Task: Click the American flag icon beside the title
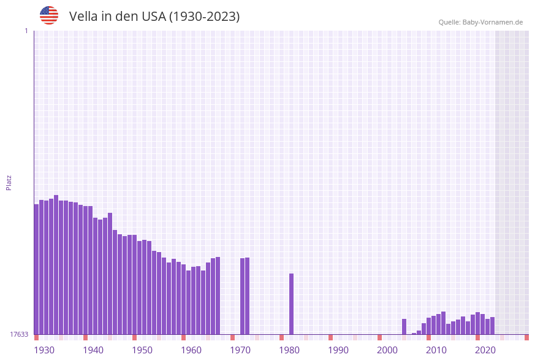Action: (49, 15)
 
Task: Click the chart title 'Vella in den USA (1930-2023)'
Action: (154, 17)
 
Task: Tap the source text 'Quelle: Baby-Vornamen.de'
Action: (480, 22)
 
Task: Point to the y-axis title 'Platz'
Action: (9, 182)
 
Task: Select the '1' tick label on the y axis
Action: (26, 31)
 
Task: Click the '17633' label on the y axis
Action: (20, 334)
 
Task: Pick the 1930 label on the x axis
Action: (44, 350)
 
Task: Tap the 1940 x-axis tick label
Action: (93, 350)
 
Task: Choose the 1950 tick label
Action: (142, 350)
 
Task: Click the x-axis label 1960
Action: (191, 350)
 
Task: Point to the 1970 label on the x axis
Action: (240, 350)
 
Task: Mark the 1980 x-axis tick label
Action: (289, 350)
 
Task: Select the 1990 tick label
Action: (338, 350)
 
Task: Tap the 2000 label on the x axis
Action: (387, 350)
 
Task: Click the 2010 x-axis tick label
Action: (436, 350)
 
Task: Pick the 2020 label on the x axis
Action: (485, 350)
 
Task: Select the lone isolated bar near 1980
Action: (292, 304)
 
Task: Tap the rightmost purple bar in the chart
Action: (493, 326)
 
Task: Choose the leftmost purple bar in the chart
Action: (36, 269)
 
